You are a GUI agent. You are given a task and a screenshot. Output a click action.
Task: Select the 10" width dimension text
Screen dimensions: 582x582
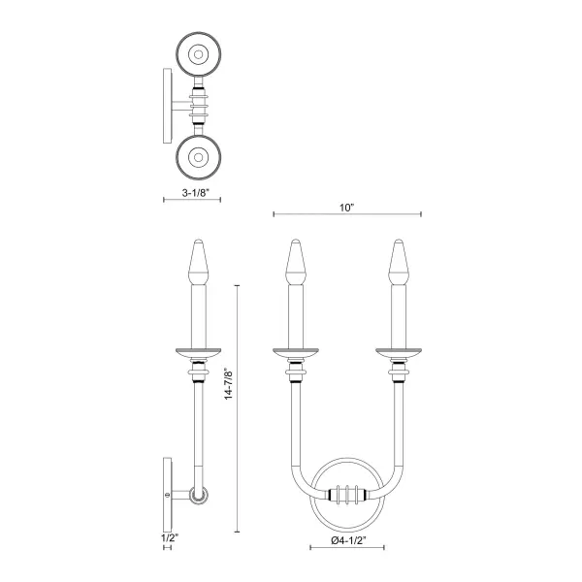click(348, 207)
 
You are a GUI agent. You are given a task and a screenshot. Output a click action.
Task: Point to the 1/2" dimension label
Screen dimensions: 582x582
click(168, 534)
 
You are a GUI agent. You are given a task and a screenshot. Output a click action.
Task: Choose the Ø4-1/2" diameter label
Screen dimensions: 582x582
click(348, 539)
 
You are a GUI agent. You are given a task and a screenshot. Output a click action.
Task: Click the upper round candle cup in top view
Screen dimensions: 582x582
click(202, 56)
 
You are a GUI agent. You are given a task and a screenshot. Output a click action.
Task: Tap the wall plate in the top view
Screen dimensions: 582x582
click(166, 104)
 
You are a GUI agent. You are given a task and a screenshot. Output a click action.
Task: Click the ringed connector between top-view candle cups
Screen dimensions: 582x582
click(202, 104)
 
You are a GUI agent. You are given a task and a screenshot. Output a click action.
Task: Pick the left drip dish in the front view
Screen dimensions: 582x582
click(296, 349)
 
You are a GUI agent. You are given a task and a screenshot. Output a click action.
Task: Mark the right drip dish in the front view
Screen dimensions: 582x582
click(397, 349)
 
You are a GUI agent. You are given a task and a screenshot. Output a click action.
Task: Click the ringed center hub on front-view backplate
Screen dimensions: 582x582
click(347, 493)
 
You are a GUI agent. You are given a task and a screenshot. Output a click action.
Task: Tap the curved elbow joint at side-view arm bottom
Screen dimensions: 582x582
click(198, 495)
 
